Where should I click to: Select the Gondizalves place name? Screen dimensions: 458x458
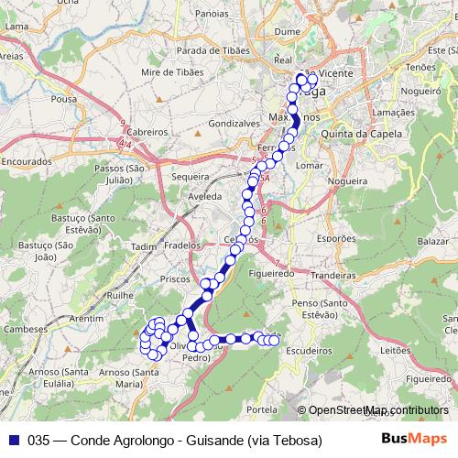coord(236,122)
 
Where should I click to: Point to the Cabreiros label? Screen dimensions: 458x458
coord(147,132)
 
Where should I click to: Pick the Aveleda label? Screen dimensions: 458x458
coord(203,197)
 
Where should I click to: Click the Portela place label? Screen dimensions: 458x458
coord(262,409)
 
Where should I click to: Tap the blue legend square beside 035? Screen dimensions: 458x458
coord(13,441)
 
